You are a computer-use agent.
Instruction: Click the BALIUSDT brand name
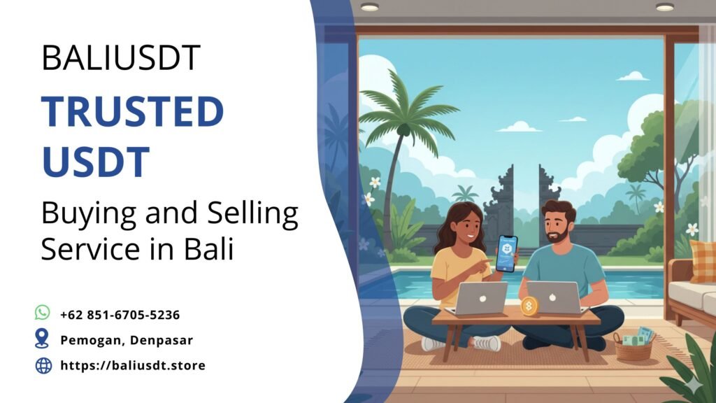[121, 57]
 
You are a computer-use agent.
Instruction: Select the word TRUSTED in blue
[132, 113]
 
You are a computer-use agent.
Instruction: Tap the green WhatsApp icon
[43, 313]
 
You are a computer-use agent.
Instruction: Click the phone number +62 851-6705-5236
[120, 315]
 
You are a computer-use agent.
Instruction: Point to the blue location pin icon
[43, 339]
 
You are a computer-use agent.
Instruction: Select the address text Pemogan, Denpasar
[127, 340]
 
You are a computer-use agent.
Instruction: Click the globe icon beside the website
[43, 365]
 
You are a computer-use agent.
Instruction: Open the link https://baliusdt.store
[133, 365]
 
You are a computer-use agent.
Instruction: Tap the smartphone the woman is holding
[506, 253]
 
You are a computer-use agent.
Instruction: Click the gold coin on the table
[529, 306]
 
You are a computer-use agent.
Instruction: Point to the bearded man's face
[558, 225]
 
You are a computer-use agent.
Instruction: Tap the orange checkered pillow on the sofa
[703, 260]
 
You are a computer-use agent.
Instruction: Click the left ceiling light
[369, 7]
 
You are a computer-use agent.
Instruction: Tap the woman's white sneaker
[487, 343]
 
